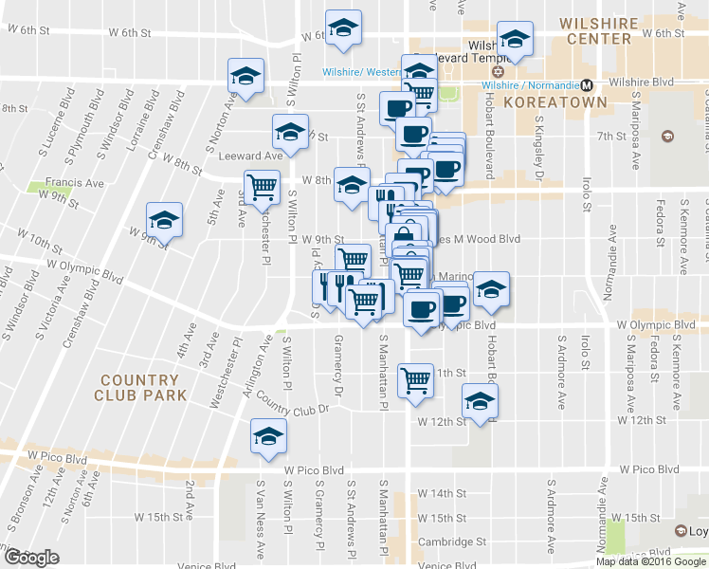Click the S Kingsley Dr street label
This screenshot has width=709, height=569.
pos(538,152)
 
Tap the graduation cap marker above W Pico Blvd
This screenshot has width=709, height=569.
pos(267,436)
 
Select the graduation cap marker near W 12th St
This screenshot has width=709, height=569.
pos(480,401)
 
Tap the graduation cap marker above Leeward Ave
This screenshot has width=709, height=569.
pos(288,130)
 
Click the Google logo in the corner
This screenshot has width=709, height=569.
pos(32,558)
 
